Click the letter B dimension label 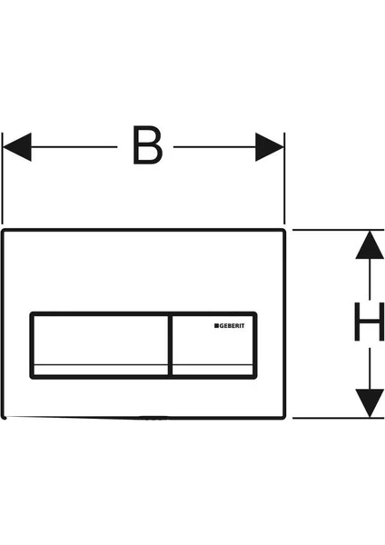148,145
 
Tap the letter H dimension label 369,322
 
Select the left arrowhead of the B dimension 17,147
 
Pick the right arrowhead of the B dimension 270,147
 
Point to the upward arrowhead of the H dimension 370,245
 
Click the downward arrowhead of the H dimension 370,403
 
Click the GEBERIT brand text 232,326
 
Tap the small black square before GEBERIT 216,326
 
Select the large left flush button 101,341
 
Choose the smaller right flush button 212,341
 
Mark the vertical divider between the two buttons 171,345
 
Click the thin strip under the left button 101,370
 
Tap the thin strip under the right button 212,370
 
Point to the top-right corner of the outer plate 284,230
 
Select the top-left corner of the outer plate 3,230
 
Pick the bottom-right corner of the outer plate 284,418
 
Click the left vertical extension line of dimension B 2,178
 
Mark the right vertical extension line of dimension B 284,178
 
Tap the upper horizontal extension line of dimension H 338,230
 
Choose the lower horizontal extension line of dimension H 338,418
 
